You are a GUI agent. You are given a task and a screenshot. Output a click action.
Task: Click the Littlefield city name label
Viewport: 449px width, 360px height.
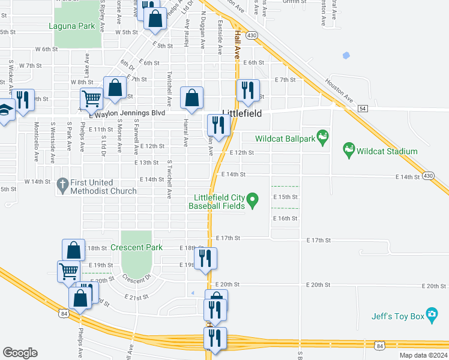click(x=241, y=113)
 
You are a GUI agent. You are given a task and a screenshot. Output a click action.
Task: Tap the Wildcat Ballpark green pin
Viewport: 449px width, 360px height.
click(x=324, y=137)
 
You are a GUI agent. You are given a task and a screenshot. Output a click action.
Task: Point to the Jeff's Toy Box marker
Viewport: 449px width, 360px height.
click(x=432, y=317)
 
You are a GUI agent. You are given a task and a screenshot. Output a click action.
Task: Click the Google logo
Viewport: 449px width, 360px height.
click(x=20, y=353)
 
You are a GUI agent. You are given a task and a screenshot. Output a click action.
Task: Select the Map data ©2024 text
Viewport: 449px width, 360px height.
click(x=423, y=355)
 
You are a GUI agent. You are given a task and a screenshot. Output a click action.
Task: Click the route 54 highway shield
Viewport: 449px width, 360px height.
click(x=362, y=108)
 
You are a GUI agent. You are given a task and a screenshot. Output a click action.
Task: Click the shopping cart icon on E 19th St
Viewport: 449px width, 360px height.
click(x=68, y=271)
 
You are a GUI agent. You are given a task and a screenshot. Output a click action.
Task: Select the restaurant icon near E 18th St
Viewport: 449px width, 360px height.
click(x=205, y=258)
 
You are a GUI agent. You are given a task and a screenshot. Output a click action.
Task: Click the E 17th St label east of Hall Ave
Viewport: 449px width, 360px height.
click(x=228, y=238)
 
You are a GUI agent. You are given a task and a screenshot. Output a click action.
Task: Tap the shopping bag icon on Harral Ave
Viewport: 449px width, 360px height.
click(x=191, y=98)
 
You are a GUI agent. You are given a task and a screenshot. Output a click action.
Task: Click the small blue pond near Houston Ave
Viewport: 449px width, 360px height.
click(x=346, y=56)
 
